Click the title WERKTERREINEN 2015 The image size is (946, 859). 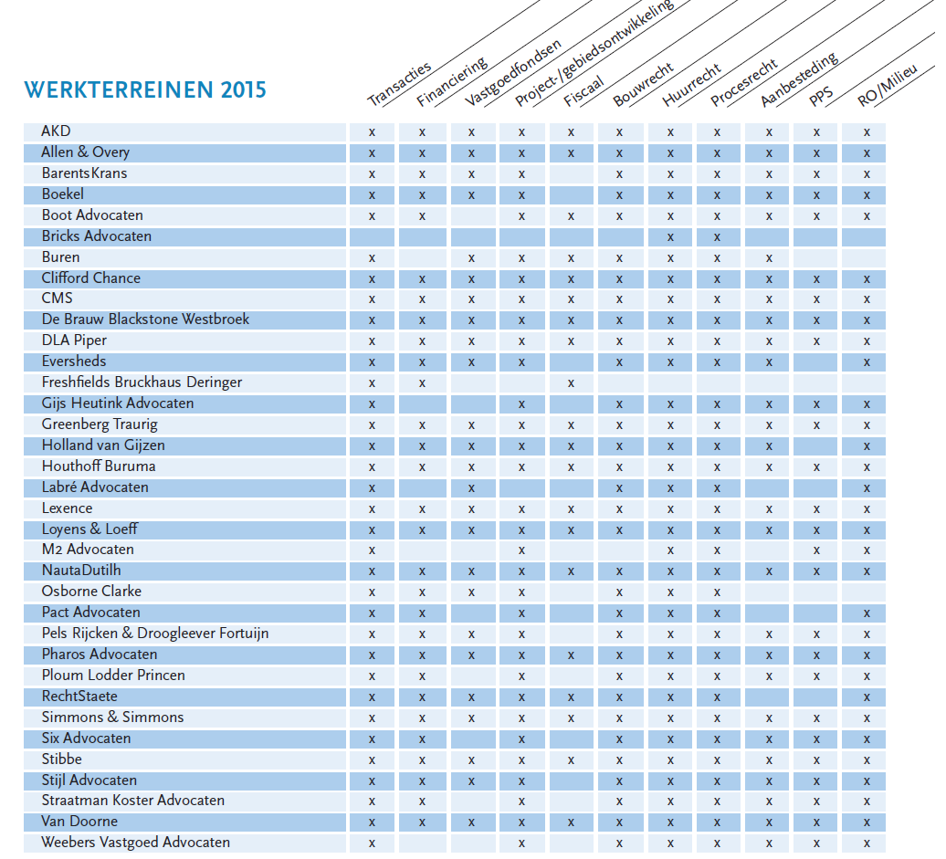click(145, 89)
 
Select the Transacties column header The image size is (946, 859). click(399, 85)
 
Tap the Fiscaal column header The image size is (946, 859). click(583, 91)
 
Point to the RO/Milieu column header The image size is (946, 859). click(888, 85)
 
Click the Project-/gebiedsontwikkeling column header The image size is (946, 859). click(594, 54)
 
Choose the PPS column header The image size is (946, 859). click(821, 97)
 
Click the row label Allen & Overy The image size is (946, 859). click(85, 152)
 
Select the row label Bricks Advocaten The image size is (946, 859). click(97, 236)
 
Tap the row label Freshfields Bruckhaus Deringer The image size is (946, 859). click(142, 382)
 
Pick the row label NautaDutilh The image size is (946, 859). click(81, 571)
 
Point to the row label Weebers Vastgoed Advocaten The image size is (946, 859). click(136, 843)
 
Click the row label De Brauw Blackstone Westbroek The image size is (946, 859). click(145, 320)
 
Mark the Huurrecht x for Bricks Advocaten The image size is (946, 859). click(670, 237)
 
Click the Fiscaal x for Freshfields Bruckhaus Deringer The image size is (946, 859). click(571, 383)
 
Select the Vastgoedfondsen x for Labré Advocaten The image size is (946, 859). click(471, 488)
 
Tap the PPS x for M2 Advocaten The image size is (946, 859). click(816, 550)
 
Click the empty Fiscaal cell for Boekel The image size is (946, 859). click(571, 194)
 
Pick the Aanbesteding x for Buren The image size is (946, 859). click(769, 258)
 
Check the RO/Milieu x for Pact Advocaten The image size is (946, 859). click(867, 614)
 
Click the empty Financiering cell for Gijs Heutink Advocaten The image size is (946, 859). click(422, 404)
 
